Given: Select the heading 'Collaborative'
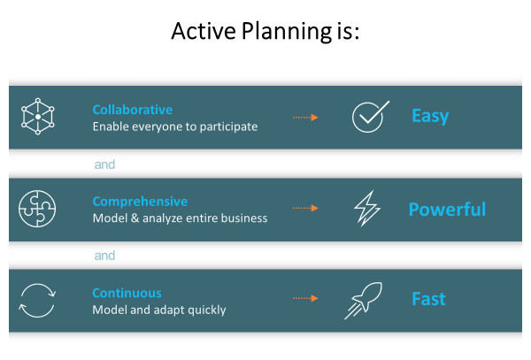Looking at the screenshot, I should point(132,111).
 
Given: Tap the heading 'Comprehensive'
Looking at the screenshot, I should point(140,202).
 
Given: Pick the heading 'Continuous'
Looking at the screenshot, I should point(127,293).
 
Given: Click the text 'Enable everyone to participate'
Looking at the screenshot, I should point(175,126).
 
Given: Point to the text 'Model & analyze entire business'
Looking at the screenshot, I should point(180,218).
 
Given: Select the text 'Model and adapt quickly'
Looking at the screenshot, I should point(159,310).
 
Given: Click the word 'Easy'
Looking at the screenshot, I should point(430,116).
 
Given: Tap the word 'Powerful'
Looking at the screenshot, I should point(447,210).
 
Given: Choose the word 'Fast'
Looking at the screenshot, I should point(429,299).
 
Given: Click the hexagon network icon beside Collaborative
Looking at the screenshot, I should point(37,117).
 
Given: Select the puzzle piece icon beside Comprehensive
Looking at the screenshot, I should point(37,209).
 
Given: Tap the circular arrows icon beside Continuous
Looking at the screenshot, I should point(37,301).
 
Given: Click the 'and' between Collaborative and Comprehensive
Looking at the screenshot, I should point(104,165).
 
